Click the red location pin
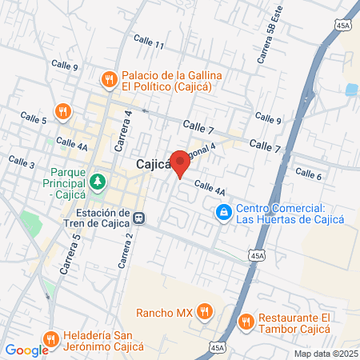click(x=180, y=162)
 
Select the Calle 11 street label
click(x=149, y=42)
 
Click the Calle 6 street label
click(x=308, y=174)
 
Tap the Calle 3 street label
click(x=21, y=163)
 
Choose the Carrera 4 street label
click(x=128, y=124)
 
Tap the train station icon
click(x=139, y=218)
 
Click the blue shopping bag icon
click(x=223, y=212)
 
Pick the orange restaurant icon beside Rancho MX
click(x=205, y=310)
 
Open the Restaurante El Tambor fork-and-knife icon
click(x=245, y=322)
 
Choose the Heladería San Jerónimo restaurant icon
click(x=51, y=339)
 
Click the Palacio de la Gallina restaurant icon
click(x=107, y=79)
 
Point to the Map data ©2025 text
click(x=325, y=354)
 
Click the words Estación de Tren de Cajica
click(x=102, y=218)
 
